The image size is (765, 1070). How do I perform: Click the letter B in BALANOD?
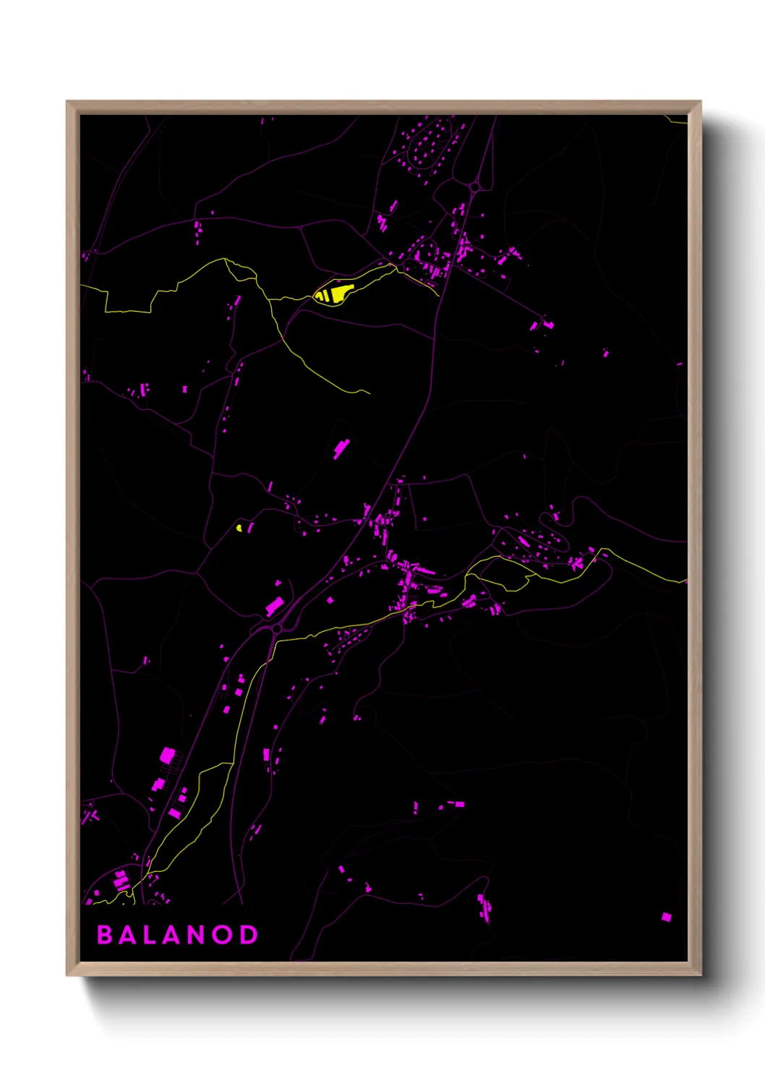point(105,935)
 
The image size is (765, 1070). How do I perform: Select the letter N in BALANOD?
point(198,935)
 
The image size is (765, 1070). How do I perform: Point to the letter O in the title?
point(223,935)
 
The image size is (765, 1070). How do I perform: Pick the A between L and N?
point(174,935)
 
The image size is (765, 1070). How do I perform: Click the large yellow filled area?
point(334,294)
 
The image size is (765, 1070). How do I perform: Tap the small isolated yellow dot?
point(239,527)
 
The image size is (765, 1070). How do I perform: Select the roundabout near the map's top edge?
point(474,188)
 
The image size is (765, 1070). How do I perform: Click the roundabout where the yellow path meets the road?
point(276,630)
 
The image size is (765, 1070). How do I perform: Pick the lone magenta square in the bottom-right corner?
point(666,917)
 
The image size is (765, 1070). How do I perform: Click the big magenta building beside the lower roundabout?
point(274,606)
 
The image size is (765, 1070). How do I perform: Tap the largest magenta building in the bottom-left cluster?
point(167,756)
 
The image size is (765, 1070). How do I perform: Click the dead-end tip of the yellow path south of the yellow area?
point(369,393)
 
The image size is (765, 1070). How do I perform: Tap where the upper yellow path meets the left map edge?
point(82,286)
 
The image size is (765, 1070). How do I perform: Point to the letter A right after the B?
point(127,935)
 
